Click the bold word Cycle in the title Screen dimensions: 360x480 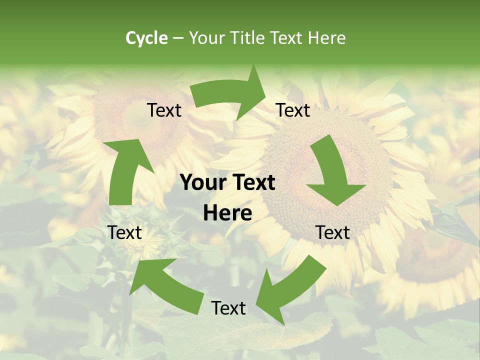point(146,38)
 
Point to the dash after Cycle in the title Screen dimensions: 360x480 point(178,38)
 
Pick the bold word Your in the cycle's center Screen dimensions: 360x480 point(202,183)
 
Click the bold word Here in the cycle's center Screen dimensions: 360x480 point(227,213)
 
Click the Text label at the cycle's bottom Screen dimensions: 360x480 point(228,308)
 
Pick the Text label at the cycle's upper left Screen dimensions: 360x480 point(164,110)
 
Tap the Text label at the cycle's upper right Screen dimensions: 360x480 point(293,110)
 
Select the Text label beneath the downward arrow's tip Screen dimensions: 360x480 point(332,232)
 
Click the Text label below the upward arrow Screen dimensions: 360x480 point(124,232)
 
